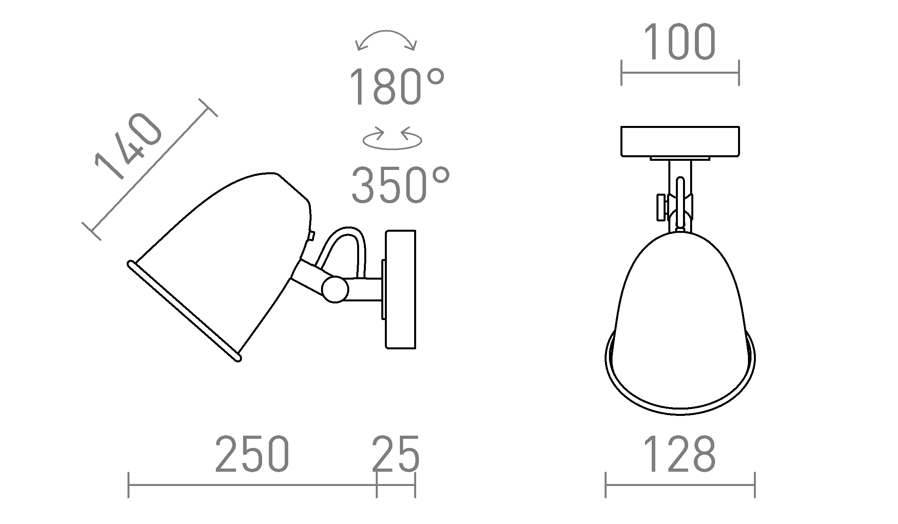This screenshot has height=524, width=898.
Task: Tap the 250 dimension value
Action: pos(252,454)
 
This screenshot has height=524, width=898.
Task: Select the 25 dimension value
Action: pos(396,454)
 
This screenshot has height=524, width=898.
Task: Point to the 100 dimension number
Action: pos(680,42)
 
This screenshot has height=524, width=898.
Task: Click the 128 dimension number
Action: pos(680,454)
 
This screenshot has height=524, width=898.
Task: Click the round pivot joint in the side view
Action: pos(335,290)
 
